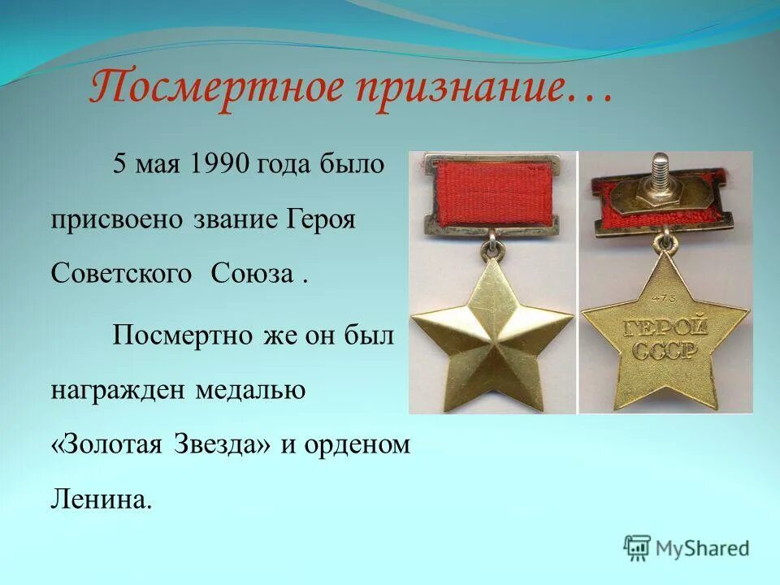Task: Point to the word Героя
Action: tap(322, 220)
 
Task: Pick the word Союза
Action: tap(252, 274)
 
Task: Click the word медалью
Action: tap(250, 391)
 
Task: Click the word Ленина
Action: tap(102, 498)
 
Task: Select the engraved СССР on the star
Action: tap(665, 350)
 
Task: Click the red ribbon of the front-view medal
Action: tap(492, 193)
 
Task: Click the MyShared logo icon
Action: tap(638, 548)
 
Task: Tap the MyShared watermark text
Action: tap(704, 548)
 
